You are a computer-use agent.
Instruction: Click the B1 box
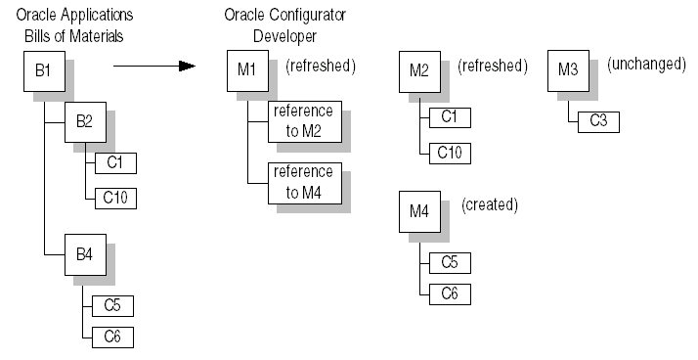click(43, 73)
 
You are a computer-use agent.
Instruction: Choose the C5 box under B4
click(112, 305)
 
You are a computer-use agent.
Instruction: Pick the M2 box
click(419, 74)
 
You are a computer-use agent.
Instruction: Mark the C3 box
click(598, 121)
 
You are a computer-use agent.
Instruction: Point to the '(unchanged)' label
click(646, 64)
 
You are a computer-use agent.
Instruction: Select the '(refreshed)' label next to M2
click(492, 67)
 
